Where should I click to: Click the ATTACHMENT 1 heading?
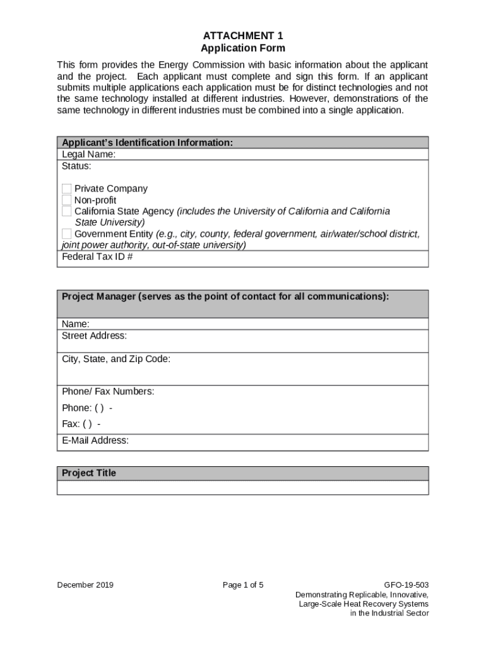pos(242,35)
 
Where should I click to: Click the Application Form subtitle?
pos(242,48)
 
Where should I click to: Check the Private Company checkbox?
pos(67,189)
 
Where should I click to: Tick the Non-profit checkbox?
pos(67,200)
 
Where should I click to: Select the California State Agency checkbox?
pos(67,212)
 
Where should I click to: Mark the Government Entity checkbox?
pos(67,234)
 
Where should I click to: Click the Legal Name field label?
pos(88,155)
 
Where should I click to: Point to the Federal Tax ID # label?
pos(97,257)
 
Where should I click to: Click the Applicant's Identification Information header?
pos(147,143)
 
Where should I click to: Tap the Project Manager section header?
pos(225,296)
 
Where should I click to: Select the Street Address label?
pos(94,336)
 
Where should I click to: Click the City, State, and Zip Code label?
pos(116,359)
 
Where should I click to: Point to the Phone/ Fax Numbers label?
pos(107,392)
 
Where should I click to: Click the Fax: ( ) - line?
pos(81,424)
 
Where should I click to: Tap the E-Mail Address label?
pos(95,440)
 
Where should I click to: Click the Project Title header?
pos(88,473)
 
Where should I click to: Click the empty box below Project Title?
pos(242,487)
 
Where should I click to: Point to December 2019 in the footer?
pos(85,585)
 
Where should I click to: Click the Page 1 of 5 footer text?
pos(242,585)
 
